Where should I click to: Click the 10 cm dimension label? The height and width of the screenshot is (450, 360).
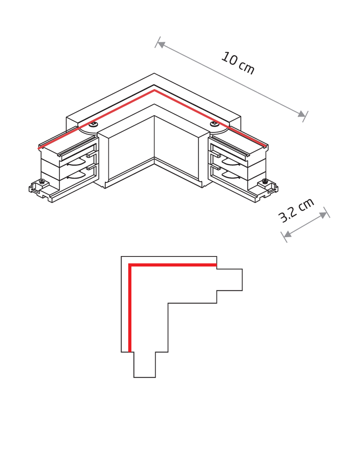(x=238, y=63)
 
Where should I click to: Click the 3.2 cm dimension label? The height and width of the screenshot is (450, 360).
(x=296, y=210)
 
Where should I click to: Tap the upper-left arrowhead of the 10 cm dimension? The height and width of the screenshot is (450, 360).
(x=161, y=45)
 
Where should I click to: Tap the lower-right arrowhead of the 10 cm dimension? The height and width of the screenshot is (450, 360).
(x=301, y=114)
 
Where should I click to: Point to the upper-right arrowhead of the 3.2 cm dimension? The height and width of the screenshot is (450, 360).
(x=324, y=214)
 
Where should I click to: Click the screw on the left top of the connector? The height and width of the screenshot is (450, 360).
(x=94, y=124)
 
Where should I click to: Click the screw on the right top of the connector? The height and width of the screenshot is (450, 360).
(x=214, y=124)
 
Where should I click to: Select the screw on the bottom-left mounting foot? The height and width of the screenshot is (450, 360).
(x=42, y=181)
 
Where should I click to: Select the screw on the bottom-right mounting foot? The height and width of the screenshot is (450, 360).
(x=265, y=181)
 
